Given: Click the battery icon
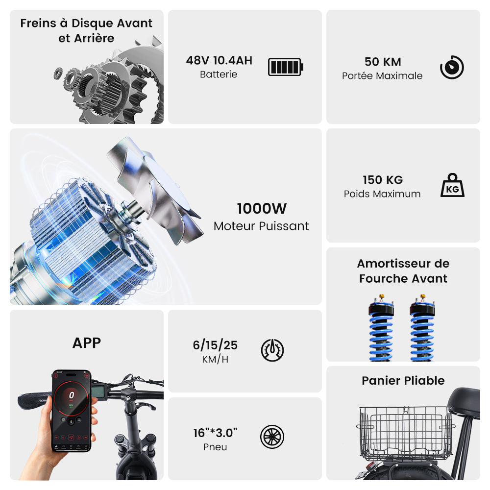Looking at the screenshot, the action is click(286, 67).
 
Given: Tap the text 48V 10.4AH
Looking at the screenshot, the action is click(219, 61).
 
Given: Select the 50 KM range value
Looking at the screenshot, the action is click(383, 62).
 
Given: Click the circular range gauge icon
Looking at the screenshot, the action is click(452, 67).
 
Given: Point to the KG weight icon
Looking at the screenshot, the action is click(452, 185).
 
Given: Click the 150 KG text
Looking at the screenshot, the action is click(383, 180).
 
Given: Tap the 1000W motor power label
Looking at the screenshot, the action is click(262, 208).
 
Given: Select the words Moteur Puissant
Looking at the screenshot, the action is click(261, 226).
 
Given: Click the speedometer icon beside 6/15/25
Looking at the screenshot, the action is click(272, 350).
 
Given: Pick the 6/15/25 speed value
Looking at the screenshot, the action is click(215, 345).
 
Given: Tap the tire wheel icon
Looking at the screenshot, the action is click(272, 437).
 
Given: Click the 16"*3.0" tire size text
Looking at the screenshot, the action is click(215, 433).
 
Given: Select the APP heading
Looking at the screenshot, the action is click(87, 343).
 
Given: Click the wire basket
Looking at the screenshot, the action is click(406, 433).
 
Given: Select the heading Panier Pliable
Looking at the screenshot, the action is click(403, 381).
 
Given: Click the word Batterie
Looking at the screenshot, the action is click(219, 74).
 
